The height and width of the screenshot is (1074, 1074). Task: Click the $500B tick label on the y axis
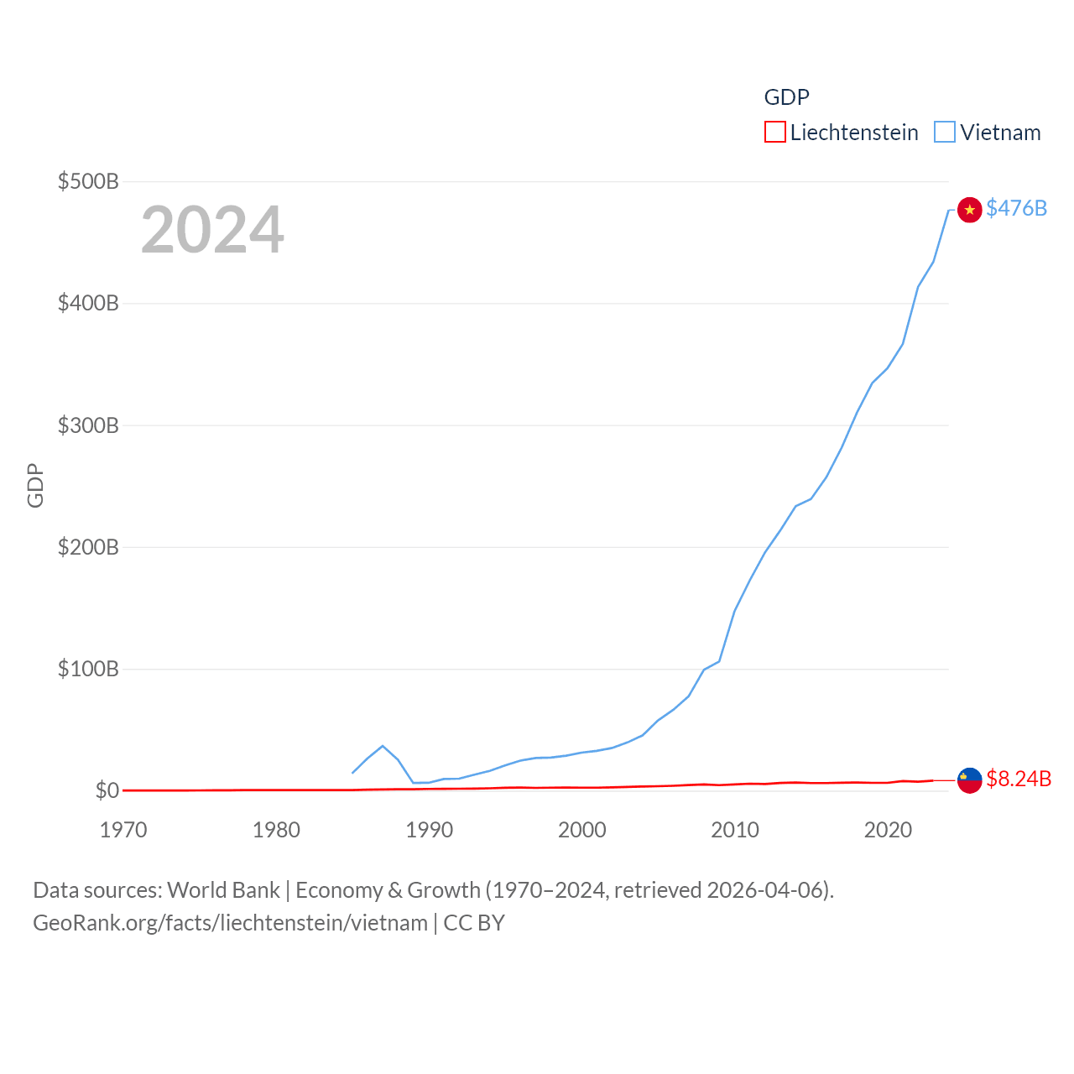coord(88,181)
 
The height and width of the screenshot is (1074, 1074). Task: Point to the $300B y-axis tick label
coord(88,425)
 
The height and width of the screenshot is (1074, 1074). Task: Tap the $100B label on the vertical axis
coord(88,669)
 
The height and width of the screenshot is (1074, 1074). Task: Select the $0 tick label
coord(107,790)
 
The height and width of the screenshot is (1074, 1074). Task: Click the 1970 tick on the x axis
coord(123,830)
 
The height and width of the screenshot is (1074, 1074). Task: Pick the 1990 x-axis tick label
coord(429,830)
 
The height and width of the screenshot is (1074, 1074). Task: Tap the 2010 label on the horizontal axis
coord(735,830)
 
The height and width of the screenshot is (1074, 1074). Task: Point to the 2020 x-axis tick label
coord(888,830)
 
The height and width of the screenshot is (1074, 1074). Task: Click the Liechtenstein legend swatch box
coord(775,133)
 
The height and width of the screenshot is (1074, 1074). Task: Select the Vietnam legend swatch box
coord(945,133)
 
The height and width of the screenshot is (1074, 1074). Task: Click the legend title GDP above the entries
coord(786,97)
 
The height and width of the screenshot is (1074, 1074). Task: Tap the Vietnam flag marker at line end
coord(970,210)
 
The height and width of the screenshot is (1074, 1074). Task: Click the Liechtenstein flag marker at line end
coord(970,780)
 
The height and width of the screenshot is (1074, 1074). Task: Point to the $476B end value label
coord(1016,208)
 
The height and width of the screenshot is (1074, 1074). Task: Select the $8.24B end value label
coord(1019,779)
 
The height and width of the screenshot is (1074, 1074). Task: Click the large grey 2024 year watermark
coord(212,230)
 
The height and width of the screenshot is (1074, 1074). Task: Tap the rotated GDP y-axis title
coord(35,485)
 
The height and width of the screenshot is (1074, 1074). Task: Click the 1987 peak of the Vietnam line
coord(383,746)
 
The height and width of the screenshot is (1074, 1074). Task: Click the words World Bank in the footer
coord(224,889)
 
